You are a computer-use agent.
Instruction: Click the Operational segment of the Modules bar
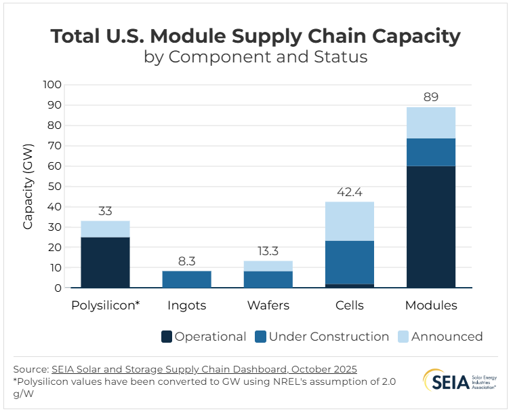pyautogui.click(x=430, y=227)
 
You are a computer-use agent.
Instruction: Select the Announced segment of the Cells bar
pyautogui.click(x=349, y=221)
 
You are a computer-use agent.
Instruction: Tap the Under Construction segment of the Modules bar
pyautogui.click(x=430, y=152)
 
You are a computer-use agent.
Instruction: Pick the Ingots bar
pyautogui.click(x=186, y=279)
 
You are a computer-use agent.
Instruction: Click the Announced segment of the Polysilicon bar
pyautogui.click(x=105, y=229)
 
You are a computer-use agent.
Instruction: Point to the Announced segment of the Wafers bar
pyautogui.click(x=268, y=266)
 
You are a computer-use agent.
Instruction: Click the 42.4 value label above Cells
pyautogui.click(x=349, y=191)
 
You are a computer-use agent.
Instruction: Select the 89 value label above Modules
pyautogui.click(x=430, y=96)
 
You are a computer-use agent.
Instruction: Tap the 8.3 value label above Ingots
pyautogui.click(x=186, y=260)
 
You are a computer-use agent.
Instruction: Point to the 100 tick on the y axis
pyautogui.click(x=52, y=85)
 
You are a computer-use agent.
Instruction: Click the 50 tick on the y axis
pyautogui.click(x=55, y=186)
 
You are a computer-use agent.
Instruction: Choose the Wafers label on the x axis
pyautogui.click(x=268, y=305)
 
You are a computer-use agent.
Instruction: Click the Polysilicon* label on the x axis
pyautogui.click(x=105, y=305)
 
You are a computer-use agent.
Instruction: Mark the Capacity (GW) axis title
pyautogui.click(x=28, y=187)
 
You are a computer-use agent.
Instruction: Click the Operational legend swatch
pyautogui.click(x=166, y=337)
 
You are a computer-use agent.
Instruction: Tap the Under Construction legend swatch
pyautogui.click(x=260, y=337)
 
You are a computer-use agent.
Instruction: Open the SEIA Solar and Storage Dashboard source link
pyautogui.click(x=204, y=368)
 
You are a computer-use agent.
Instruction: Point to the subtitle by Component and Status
pyautogui.click(x=255, y=56)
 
